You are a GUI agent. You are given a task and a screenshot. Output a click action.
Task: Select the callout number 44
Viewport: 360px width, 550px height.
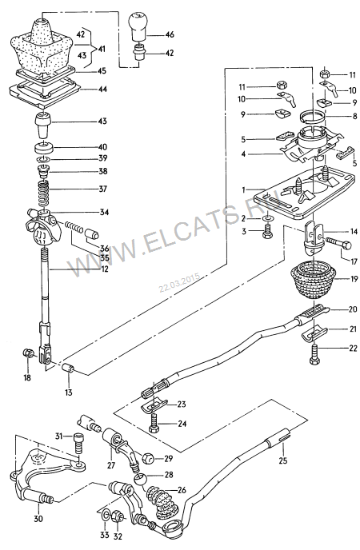pyautogui.click(x=102, y=90)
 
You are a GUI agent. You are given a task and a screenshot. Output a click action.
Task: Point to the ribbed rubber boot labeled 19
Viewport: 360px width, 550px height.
pyautogui.click(x=312, y=281)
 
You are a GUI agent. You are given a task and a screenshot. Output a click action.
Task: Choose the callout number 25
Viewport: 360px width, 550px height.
pyautogui.click(x=282, y=460)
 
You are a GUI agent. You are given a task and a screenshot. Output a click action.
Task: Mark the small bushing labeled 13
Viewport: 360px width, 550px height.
pyautogui.click(x=69, y=369)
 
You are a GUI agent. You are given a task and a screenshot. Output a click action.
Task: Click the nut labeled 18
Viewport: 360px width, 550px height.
pyautogui.click(x=28, y=353)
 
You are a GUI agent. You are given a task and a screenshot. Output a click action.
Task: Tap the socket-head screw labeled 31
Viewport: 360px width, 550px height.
pyautogui.click(x=78, y=442)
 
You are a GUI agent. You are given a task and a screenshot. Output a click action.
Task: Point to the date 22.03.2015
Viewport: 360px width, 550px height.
pyautogui.click(x=179, y=282)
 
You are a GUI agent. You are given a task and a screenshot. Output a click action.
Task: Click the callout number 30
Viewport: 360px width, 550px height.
pyautogui.click(x=38, y=518)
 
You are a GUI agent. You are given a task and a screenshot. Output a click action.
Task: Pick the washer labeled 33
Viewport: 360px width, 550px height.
pyautogui.click(x=105, y=516)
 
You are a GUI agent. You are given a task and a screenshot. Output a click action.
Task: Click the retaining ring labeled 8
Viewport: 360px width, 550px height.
pyautogui.click(x=313, y=117)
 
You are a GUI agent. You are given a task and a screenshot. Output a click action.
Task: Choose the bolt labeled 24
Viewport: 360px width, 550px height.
pyautogui.click(x=154, y=423)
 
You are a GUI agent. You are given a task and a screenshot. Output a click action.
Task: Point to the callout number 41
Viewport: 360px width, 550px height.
pyautogui.click(x=102, y=49)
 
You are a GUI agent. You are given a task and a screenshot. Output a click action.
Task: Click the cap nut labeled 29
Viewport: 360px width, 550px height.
pyautogui.click(x=148, y=457)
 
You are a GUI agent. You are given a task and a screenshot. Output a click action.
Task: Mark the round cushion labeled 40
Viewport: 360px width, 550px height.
pyautogui.click(x=44, y=147)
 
